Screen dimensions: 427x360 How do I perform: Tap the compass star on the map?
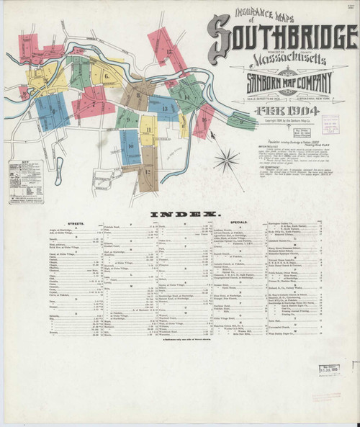tap(226, 158)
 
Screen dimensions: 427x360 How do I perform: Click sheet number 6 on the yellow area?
tap(106, 76)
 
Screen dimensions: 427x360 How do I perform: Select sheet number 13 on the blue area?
tap(164, 109)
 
